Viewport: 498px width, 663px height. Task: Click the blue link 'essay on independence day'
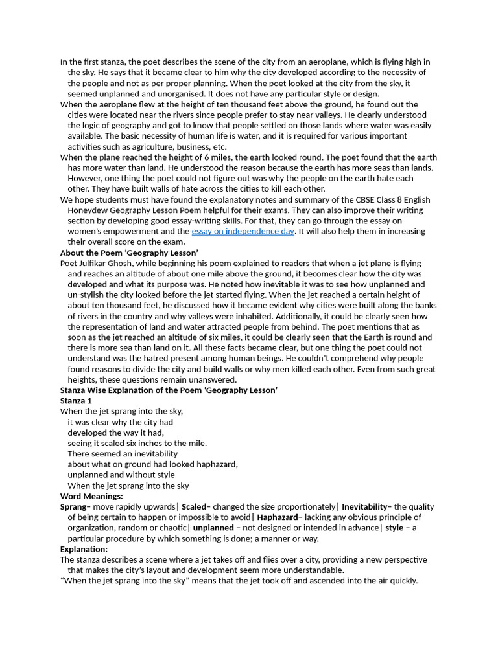pos(243,231)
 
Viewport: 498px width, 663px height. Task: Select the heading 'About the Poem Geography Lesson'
pos(129,253)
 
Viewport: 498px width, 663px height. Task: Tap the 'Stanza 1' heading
pos(76,401)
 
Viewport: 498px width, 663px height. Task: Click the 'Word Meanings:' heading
pos(91,496)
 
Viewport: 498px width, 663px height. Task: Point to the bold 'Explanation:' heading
pos(84,549)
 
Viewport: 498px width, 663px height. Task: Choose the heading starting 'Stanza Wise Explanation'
pos(169,390)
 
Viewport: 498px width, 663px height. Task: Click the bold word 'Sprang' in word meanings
pos(73,506)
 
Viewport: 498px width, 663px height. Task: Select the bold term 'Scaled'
pos(194,506)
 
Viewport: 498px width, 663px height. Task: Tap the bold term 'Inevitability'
pos(364,506)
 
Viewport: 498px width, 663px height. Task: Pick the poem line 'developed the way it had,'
pos(115,433)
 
